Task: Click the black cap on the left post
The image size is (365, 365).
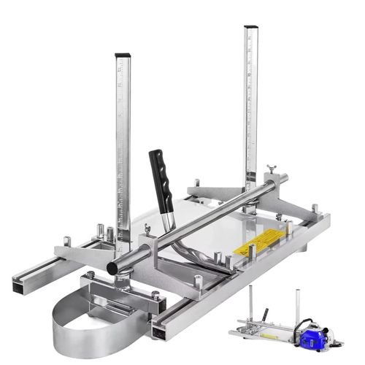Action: point(122,56)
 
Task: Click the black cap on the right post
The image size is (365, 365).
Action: point(250,29)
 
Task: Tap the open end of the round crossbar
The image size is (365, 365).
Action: point(114,268)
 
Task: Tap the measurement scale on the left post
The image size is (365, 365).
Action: point(123,146)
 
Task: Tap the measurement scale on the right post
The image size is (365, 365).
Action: point(252,109)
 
